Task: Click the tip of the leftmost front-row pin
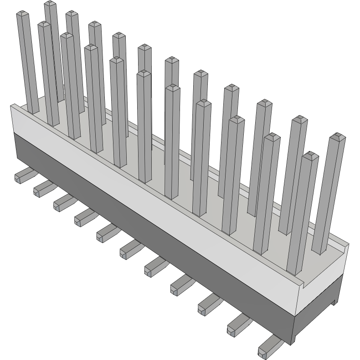click(23, 15)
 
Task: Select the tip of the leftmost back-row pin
click(51, 4)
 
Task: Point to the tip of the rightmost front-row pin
click(309, 156)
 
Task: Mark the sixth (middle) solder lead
click(130, 249)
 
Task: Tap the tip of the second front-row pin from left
click(44, 25)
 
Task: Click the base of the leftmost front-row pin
click(34, 110)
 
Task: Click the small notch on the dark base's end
click(335, 302)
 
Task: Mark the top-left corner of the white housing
click(13, 106)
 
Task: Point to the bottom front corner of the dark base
click(294, 343)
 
